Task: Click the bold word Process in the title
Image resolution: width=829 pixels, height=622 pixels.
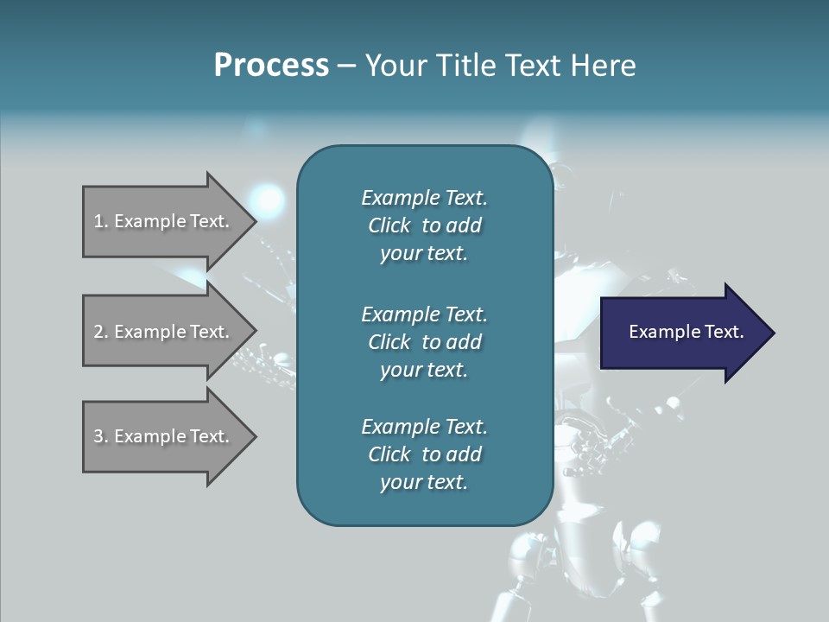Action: [x=271, y=66]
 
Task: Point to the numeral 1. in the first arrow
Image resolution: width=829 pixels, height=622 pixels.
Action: [x=101, y=221]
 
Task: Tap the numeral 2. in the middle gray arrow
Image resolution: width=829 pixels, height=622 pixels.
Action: [x=101, y=332]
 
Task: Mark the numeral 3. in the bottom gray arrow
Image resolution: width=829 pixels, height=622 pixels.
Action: [x=101, y=436]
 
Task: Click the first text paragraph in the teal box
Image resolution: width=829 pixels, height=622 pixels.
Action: [x=424, y=225]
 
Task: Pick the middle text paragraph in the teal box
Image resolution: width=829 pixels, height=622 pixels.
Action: [x=424, y=342]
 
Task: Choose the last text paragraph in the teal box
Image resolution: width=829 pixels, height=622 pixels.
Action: [x=424, y=454]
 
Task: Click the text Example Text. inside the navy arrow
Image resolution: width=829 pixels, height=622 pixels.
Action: [x=686, y=332]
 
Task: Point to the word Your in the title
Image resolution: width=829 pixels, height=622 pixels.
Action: [x=393, y=66]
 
